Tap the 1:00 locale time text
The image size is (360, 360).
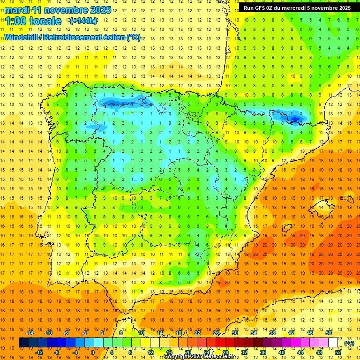(x=33, y=21)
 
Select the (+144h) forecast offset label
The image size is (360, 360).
(x=83, y=21)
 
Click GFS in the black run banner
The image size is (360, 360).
(x=260, y=8)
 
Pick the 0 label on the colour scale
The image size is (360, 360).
(x=93, y=352)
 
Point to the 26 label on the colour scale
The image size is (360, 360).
(x=216, y=333)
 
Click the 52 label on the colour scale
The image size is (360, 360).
(x=338, y=352)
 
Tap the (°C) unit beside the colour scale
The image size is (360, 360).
(x=349, y=343)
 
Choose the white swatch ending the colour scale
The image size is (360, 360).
(x=333, y=343)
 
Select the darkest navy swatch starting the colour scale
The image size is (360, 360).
(x=23, y=343)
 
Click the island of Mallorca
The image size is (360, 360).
(x=324, y=206)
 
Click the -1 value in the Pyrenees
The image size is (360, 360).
(x=291, y=114)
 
